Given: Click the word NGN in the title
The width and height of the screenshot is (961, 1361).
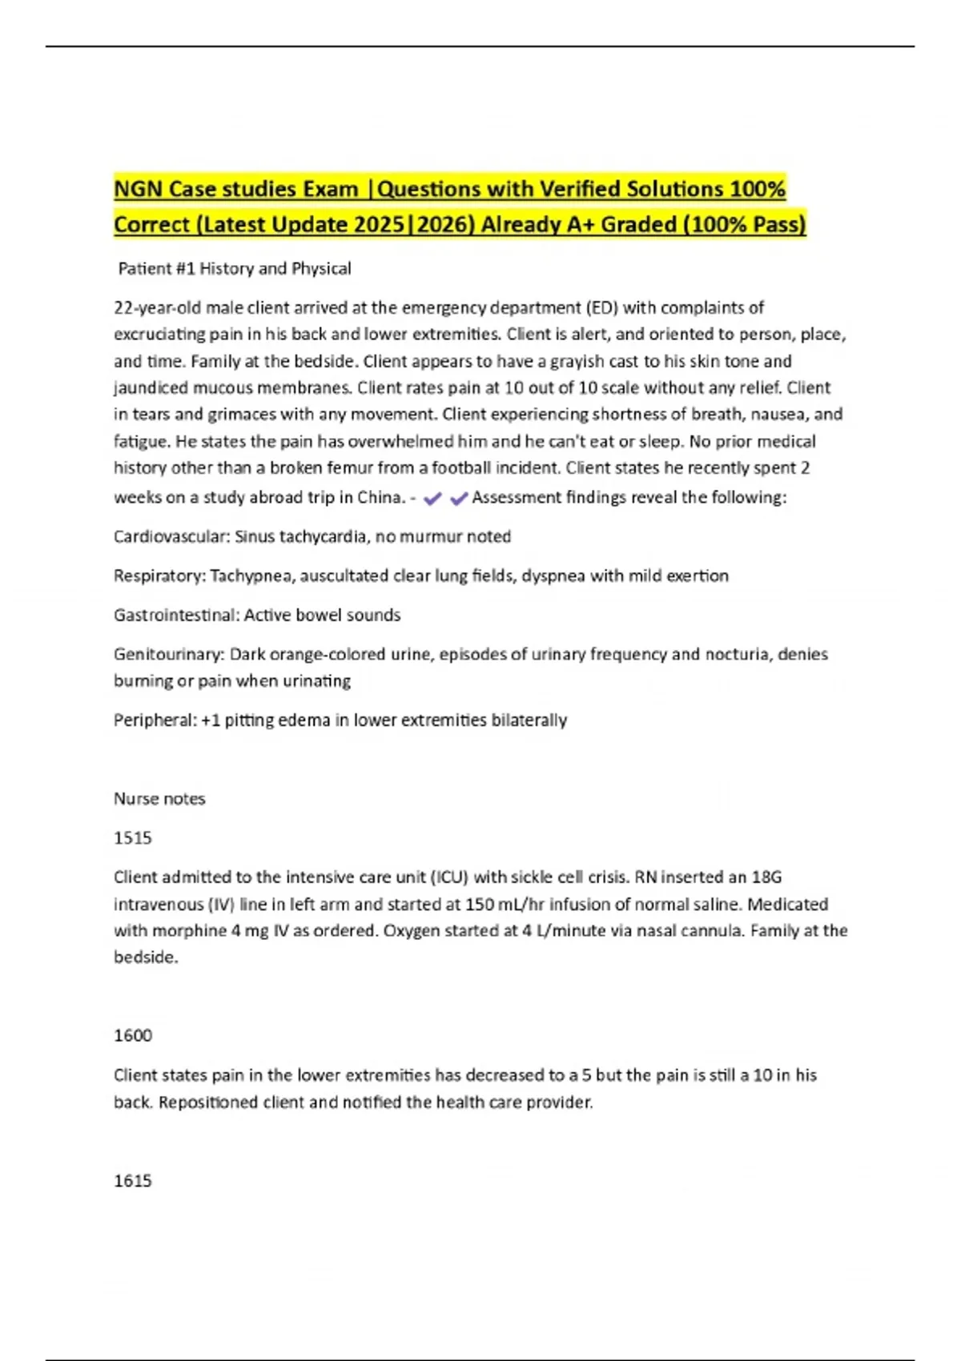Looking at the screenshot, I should pos(139,190).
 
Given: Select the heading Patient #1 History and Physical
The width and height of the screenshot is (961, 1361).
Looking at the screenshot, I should pos(235,269).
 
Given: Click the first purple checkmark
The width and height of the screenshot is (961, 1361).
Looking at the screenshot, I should pos(432,499).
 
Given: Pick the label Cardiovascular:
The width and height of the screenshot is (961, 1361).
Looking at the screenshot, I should pos(171,536).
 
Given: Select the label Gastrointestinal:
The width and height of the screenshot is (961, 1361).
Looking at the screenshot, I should pos(176,615).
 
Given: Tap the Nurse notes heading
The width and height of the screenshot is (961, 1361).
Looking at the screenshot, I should pos(159,799).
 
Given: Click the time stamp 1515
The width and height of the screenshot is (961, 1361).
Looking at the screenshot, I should pos(133,838).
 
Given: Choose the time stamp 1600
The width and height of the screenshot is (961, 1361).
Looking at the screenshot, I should pos(133,1036).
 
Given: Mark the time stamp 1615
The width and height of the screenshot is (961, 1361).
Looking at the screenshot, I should pos(133,1181).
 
